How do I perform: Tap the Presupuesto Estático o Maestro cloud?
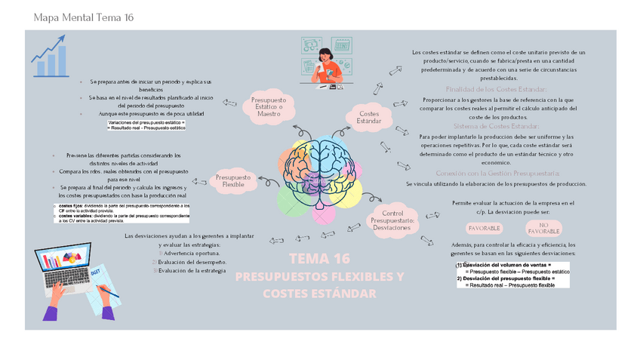click(268, 105)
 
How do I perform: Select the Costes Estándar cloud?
click(368, 117)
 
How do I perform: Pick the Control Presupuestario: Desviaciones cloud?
click(392, 220)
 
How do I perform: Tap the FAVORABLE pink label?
click(484, 228)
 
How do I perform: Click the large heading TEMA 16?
click(320, 259)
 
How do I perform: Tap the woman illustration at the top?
click(327, 66)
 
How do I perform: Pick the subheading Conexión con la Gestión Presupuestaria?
click(497, 173)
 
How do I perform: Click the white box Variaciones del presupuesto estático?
click(146, 125)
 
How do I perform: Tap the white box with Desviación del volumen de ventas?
click(512, 275)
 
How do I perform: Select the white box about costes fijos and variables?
click(122, 213)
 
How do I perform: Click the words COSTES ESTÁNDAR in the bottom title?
click(319, 293)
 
